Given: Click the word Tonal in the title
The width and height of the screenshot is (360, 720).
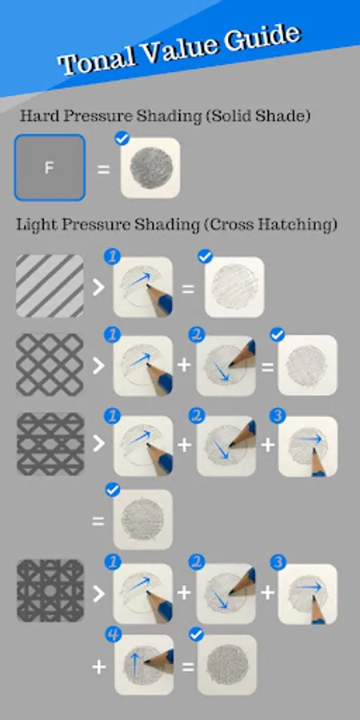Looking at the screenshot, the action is [97, 58].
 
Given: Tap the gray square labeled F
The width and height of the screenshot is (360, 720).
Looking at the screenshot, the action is [50, 168].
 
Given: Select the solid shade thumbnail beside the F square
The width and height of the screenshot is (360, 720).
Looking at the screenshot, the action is [150, 168].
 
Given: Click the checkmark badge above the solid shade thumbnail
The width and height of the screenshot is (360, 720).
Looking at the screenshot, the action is [122, 138].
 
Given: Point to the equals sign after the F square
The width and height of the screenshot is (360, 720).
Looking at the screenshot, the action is [103, 170].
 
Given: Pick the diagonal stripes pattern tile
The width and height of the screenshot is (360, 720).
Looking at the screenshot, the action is [50, 286].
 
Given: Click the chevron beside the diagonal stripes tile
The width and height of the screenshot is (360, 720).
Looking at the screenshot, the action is [98, 287].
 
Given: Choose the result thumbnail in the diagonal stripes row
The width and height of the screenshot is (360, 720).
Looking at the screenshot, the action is [234, 287].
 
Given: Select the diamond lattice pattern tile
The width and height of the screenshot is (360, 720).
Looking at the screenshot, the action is [50, 365].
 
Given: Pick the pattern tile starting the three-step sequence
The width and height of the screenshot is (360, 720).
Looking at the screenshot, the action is [50, 443].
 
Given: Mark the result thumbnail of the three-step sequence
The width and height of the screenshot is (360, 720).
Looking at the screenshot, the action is [143, 519].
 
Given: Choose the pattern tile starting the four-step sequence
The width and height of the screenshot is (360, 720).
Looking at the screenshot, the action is [50, 590].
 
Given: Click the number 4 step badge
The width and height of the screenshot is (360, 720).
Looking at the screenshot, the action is [113, 635].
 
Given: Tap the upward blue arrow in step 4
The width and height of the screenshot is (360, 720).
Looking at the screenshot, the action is [135, 665].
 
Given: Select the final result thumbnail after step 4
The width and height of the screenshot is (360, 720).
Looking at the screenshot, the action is [227, 665].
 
